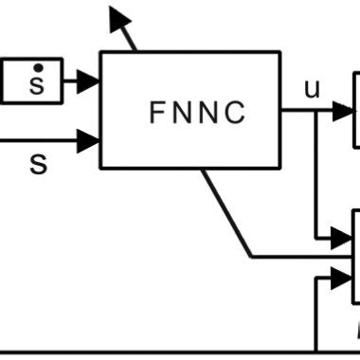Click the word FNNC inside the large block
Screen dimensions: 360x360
pos(197,113)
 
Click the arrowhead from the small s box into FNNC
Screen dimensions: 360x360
pos(88,81)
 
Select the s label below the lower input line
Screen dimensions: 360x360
pos(38,164)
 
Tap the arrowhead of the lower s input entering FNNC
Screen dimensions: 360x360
pos(88,141)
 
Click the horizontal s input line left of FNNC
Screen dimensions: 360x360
pos(38,141)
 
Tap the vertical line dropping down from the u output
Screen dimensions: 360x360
pos(314,171)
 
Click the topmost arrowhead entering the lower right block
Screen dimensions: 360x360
pos(341,233)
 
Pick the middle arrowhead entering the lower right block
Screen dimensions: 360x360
pos(341,256)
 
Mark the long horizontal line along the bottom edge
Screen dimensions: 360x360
pos(142,352)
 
